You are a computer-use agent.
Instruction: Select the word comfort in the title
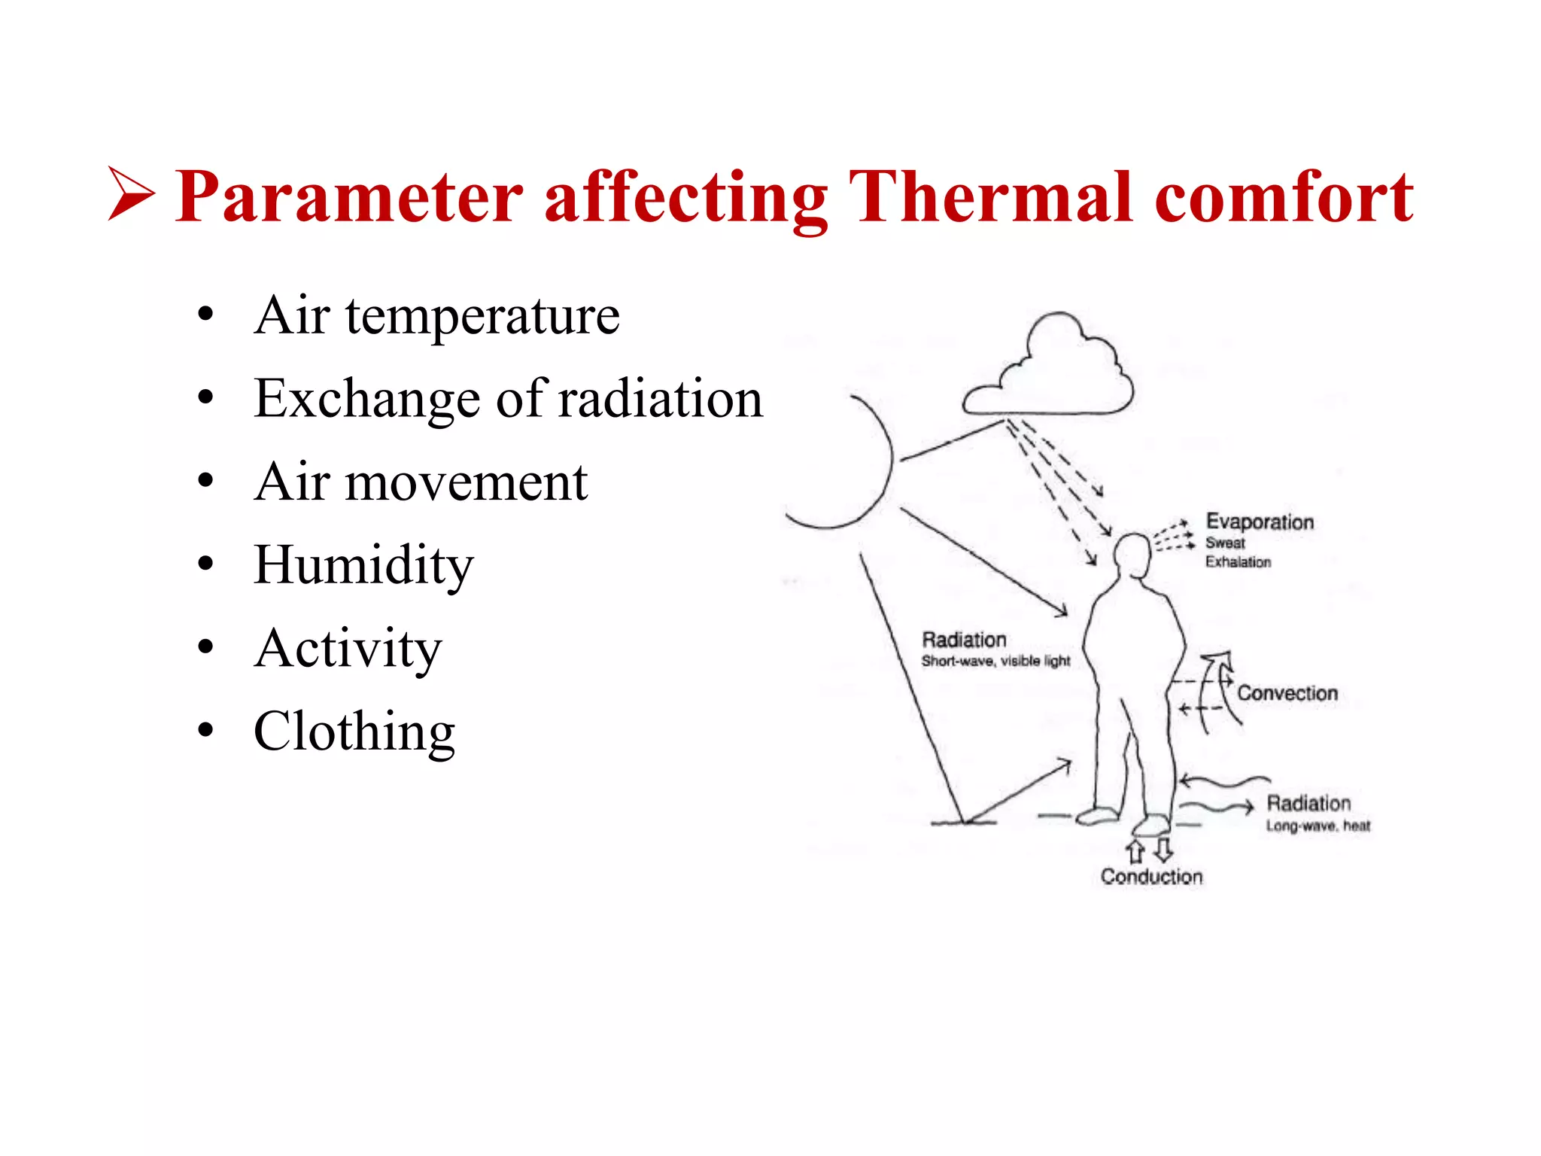1284,197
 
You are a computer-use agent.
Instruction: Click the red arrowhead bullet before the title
132,193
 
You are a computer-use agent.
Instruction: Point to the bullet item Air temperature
436,315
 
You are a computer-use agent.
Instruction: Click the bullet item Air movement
421,482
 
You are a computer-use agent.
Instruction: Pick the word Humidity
363,565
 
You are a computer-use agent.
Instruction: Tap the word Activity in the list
348,649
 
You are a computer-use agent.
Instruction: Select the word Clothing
354,732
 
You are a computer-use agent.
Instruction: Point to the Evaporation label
1260,522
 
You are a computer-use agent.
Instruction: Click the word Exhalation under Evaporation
1238,562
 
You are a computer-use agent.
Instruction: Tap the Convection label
1287,693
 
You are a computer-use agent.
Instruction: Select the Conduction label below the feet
1151,877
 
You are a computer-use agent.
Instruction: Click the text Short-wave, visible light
995,661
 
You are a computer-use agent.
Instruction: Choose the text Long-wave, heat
1318,826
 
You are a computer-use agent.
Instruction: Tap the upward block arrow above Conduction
1135,851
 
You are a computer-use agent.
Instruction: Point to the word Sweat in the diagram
1225,543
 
